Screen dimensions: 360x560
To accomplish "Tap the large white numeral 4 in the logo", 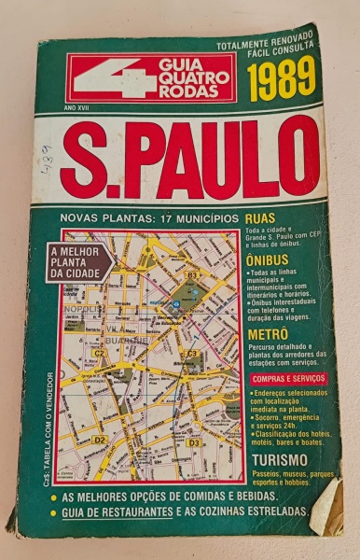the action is coord(100,78).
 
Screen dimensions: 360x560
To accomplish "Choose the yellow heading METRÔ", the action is coord(269,332).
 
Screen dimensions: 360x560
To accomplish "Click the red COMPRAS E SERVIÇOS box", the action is coord(287,378).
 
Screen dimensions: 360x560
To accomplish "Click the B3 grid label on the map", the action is coord(190,275).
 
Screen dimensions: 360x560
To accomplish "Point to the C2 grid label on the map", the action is coord(99,354).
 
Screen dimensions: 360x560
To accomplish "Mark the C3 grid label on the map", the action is coord(192,354).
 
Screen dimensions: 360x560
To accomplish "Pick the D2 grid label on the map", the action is coord(100,439).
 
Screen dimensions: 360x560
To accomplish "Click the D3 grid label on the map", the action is coord(193,442).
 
